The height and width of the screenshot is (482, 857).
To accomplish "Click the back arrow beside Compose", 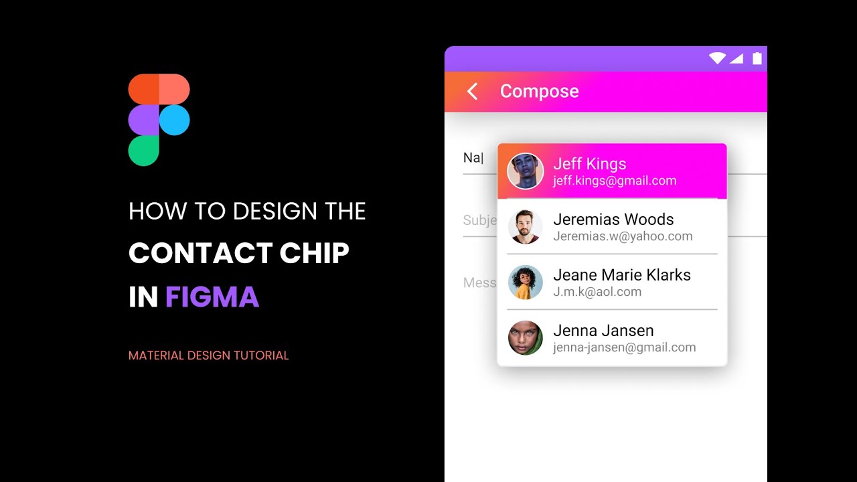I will [473, 92].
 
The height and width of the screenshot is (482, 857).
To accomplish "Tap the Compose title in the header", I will [539, 91].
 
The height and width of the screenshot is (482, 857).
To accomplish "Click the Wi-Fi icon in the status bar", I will [717, 59].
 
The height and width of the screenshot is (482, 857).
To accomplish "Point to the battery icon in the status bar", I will [757, 58].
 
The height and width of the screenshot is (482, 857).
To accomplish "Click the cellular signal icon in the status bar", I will [736, 59].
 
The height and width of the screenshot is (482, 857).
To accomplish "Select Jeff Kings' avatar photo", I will [525, 171].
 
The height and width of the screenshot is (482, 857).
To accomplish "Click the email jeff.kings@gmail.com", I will [615, 181].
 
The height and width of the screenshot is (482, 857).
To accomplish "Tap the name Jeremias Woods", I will [613, 220].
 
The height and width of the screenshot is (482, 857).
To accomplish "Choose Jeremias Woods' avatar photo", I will [525, 227].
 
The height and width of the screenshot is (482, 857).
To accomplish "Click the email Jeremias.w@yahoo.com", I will [623, 236].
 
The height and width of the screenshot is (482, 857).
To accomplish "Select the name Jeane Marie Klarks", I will [622, 275].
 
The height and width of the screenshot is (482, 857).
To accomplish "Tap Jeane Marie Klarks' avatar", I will [525, 283].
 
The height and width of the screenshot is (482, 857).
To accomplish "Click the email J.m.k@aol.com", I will [597, 292].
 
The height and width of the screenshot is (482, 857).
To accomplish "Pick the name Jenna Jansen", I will [603, 331].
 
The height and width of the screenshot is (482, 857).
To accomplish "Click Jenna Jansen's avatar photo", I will [525, 338].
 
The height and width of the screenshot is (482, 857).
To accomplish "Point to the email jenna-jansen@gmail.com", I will [624, 347].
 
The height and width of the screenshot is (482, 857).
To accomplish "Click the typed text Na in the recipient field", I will [471, 158].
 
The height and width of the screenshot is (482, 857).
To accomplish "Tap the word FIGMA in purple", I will [212, 297].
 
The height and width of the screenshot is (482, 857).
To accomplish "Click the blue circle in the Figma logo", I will [175, 120].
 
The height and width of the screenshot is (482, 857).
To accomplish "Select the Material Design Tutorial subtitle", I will [209, 355].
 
